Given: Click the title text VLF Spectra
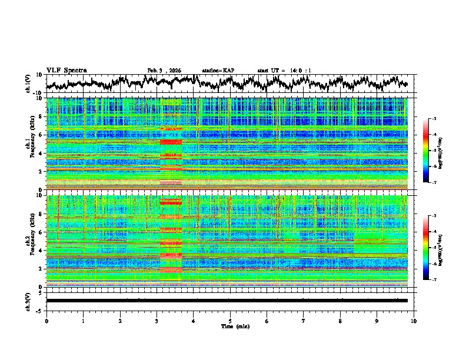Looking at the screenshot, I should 66,70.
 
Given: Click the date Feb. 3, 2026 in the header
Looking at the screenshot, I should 164,71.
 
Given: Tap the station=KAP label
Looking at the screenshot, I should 218,71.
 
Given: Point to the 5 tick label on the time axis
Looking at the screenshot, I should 230,321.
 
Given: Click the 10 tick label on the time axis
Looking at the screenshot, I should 414,321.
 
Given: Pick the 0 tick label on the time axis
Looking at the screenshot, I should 46,321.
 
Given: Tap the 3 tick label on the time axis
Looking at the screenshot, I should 157,321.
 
